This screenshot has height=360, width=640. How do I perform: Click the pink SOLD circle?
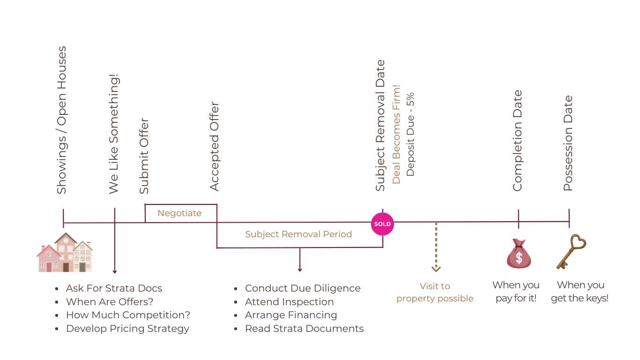382,224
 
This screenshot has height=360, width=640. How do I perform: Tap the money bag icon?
519,254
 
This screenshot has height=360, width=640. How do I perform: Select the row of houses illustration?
65,253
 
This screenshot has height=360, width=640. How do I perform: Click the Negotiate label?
179,213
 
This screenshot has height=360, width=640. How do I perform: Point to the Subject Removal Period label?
298,234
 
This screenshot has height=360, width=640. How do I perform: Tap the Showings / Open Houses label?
62,120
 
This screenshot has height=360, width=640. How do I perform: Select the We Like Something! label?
114,134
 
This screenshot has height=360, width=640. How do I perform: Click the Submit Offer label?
144,156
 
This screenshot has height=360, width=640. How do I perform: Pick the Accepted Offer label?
215,146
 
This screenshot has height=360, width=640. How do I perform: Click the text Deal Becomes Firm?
396,134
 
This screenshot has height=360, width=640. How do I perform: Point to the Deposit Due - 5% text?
410,134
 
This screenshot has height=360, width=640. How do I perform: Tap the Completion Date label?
517,141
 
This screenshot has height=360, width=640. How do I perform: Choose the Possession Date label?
568,143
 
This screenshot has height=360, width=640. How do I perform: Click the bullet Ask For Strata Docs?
114,288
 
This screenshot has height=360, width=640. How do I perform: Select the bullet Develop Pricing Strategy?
127,329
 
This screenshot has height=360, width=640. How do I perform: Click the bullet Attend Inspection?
289,302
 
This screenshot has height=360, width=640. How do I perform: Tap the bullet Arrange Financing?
291,315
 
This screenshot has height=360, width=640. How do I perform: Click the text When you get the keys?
580,292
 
